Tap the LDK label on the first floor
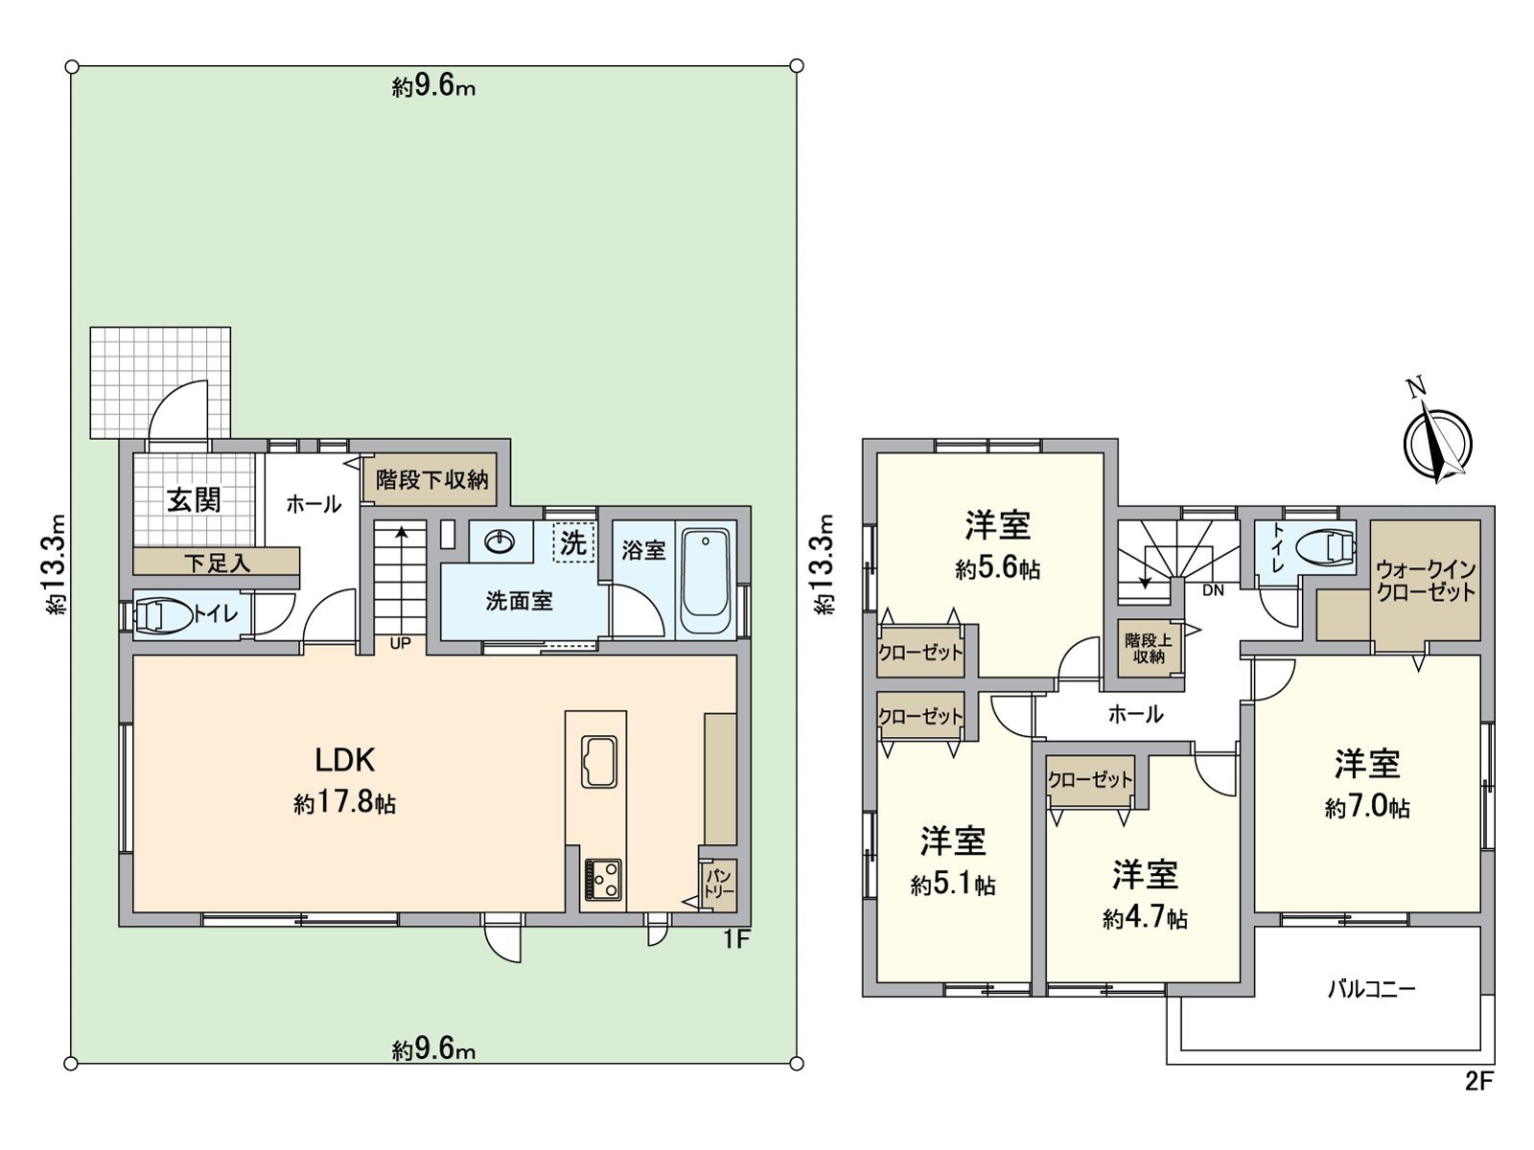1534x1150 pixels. (345, 760)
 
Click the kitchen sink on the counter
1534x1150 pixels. (599, 762)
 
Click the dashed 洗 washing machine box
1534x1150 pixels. (573, 543)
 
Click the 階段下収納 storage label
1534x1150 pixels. (431, 479)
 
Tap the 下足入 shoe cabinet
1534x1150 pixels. (217, 563)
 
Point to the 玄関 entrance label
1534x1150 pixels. (194, 499)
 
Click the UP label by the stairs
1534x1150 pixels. (400, 643)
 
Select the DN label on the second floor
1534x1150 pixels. (1213, 590)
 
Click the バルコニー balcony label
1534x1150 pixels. (1371, 988)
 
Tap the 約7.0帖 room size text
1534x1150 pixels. (1367, 808)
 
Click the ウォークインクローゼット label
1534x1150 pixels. (1426, 581)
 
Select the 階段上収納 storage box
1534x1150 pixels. (1148, 649)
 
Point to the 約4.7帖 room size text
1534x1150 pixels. (1145, 919)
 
